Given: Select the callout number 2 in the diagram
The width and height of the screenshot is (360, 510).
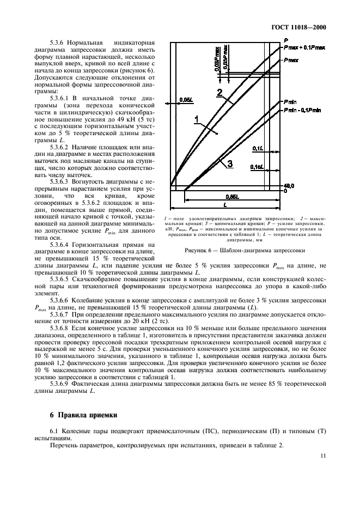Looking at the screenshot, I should pos(219,93).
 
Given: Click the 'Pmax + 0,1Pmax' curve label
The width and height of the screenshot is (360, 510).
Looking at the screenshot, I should pos(304,48).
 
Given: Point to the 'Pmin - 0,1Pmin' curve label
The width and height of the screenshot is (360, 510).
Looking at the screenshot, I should pos(304,111).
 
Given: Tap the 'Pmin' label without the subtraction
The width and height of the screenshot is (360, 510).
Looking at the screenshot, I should pos(290,102).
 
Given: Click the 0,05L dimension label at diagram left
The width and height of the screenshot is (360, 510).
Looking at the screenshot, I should pos(185,100).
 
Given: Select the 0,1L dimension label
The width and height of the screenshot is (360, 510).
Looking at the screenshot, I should pos(258,148).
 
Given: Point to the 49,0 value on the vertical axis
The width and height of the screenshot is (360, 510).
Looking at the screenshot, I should pos(289,186).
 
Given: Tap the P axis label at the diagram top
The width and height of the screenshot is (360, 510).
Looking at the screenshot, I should pos(285,40).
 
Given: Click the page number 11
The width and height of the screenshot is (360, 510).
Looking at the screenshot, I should pos(322,456).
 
